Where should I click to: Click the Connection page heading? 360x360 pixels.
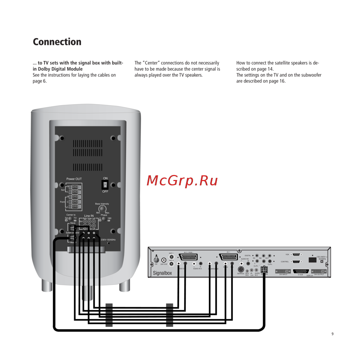(x=57, y=42)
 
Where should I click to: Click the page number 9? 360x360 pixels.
(x=332, y=334)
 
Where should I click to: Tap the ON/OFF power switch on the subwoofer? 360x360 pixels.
(x=105, y=185)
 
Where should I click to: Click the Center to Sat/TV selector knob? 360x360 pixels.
(x=71, y=219)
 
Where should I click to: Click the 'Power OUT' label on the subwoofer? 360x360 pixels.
(x=74, y=179)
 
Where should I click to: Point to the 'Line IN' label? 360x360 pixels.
(x=89, y=216)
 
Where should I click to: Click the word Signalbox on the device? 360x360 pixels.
(x=162, y=273)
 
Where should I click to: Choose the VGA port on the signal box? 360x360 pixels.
(x=297, y=255)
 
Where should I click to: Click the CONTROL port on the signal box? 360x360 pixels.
(x=297, y=262)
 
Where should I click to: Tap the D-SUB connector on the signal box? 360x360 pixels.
(x=301, y=271)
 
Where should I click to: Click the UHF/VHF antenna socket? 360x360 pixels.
(x=164, y=260)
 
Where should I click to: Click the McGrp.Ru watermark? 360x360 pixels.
(x=182, y=181)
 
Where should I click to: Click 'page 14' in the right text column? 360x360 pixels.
(x=266, y=69)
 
